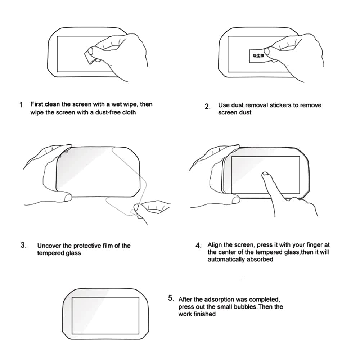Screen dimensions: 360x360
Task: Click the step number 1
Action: [21, 105]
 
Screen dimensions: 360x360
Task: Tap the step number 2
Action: [207, 107]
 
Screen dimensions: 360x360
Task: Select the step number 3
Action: [23, 246]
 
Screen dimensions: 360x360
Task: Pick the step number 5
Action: [171, 298]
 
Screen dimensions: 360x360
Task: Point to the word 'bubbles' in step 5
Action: [244, 307]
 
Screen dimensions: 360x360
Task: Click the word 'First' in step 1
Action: [37, 104]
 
